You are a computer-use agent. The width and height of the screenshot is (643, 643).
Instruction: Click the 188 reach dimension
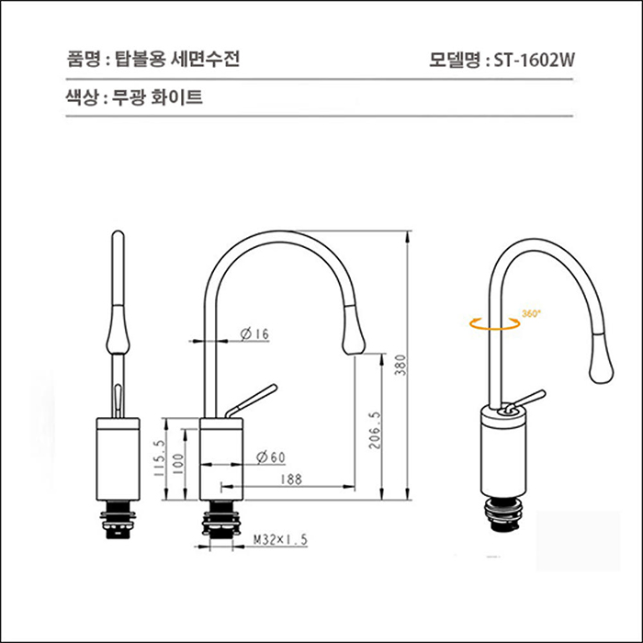[x=293, y=479]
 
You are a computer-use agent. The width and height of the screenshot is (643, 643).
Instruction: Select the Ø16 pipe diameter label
[x=254, y=334]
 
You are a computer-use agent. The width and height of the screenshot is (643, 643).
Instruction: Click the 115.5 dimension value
[x=158, y=459]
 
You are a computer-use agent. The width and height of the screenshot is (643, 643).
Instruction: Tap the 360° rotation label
[x=531, y=313]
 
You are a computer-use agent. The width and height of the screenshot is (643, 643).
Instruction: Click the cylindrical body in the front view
[x=118, y=458]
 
